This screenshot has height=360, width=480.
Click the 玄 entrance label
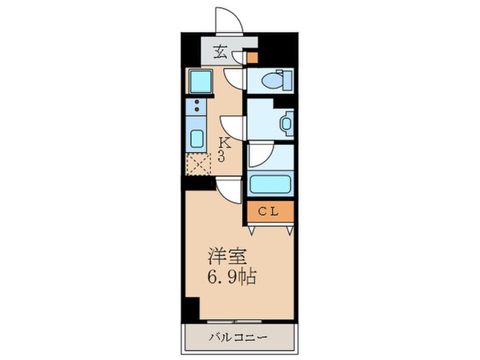click(220, 53)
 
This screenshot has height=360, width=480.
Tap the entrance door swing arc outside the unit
click(230, 22)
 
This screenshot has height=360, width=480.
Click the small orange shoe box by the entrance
click(251, 57)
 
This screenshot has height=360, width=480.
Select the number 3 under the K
click(221, 157)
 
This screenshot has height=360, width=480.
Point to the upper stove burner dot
click(197, 102)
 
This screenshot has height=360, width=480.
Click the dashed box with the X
click(199, 164)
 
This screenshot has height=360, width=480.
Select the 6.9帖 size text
click(231, 277)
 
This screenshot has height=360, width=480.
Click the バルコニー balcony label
click(239, 338)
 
